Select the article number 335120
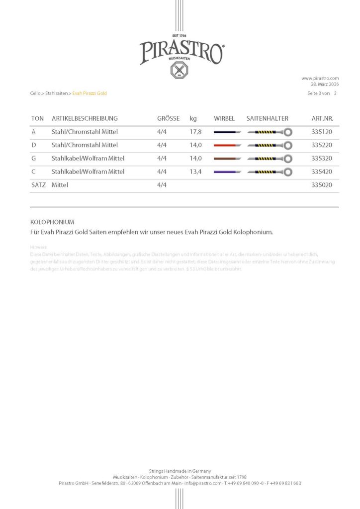click(321, 132)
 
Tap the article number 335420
click(321, 172)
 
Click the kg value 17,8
click(195, 132)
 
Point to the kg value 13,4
click(195, 172)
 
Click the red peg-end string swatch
click(227, 146)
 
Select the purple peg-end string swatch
click(227, 172)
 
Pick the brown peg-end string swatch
click(227, 159)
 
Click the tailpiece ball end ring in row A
click(288, 132)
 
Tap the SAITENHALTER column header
click(267, 119)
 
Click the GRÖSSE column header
click(168, 119)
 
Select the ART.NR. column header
click(322, 119)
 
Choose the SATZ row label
click(38, 185)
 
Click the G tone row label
click(33, 159)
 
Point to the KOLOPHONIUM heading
click(52, 222)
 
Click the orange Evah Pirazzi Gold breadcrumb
click(90, 93)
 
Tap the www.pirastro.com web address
click(320, 78)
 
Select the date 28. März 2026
click(325, 84)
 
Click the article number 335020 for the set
click(321, 185)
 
